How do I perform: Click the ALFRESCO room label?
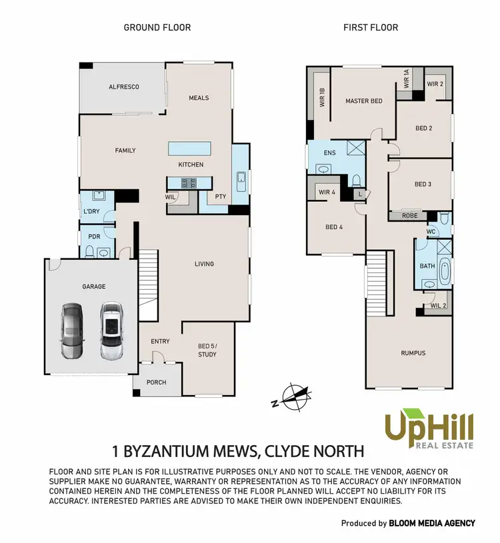click(x=124, y=87)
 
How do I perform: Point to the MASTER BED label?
click(x=364, y=101)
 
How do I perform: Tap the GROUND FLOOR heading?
click(x=157, y=27)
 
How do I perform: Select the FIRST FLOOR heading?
click(x=371, y=27)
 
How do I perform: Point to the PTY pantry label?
click(x=219, y=197)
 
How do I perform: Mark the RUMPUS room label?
click(x=413, y=353)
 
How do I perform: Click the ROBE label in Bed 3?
click(x=409, y=216)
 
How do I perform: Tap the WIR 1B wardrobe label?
click(x=322, y=99)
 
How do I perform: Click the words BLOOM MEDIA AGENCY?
click(x=432, y=523)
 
